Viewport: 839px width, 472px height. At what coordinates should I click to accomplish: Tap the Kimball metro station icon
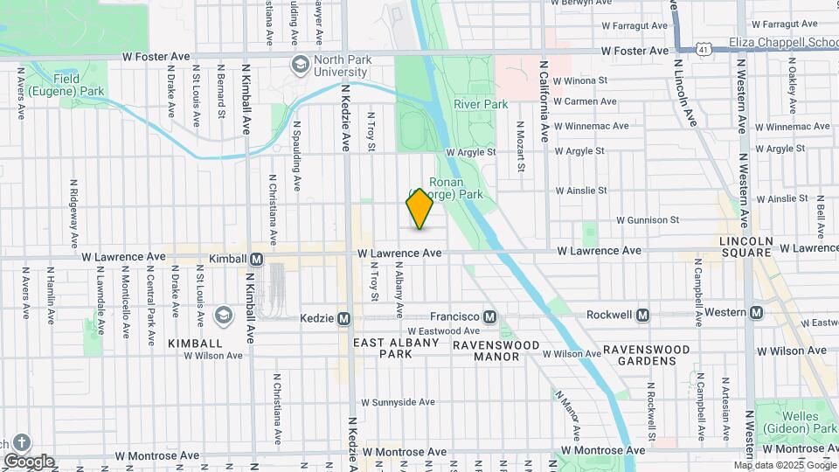click(257, 260)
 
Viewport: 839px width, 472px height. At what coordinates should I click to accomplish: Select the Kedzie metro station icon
click(344, 318)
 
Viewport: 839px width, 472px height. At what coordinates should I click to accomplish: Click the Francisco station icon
click(490, 316)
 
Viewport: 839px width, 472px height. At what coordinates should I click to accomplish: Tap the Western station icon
click(756, 313)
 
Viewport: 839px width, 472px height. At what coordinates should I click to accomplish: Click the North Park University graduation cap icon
click(301, 65)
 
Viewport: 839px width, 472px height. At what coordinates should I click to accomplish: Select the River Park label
click(481, 104)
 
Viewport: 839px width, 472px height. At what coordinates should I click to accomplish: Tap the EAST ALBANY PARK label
click(396, 349)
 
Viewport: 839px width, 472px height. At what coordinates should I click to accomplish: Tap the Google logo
click(29, 461)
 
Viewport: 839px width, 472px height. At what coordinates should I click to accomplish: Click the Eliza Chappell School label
click(782, 41)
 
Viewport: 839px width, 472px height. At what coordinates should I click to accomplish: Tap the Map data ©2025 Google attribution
click(784, 465)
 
